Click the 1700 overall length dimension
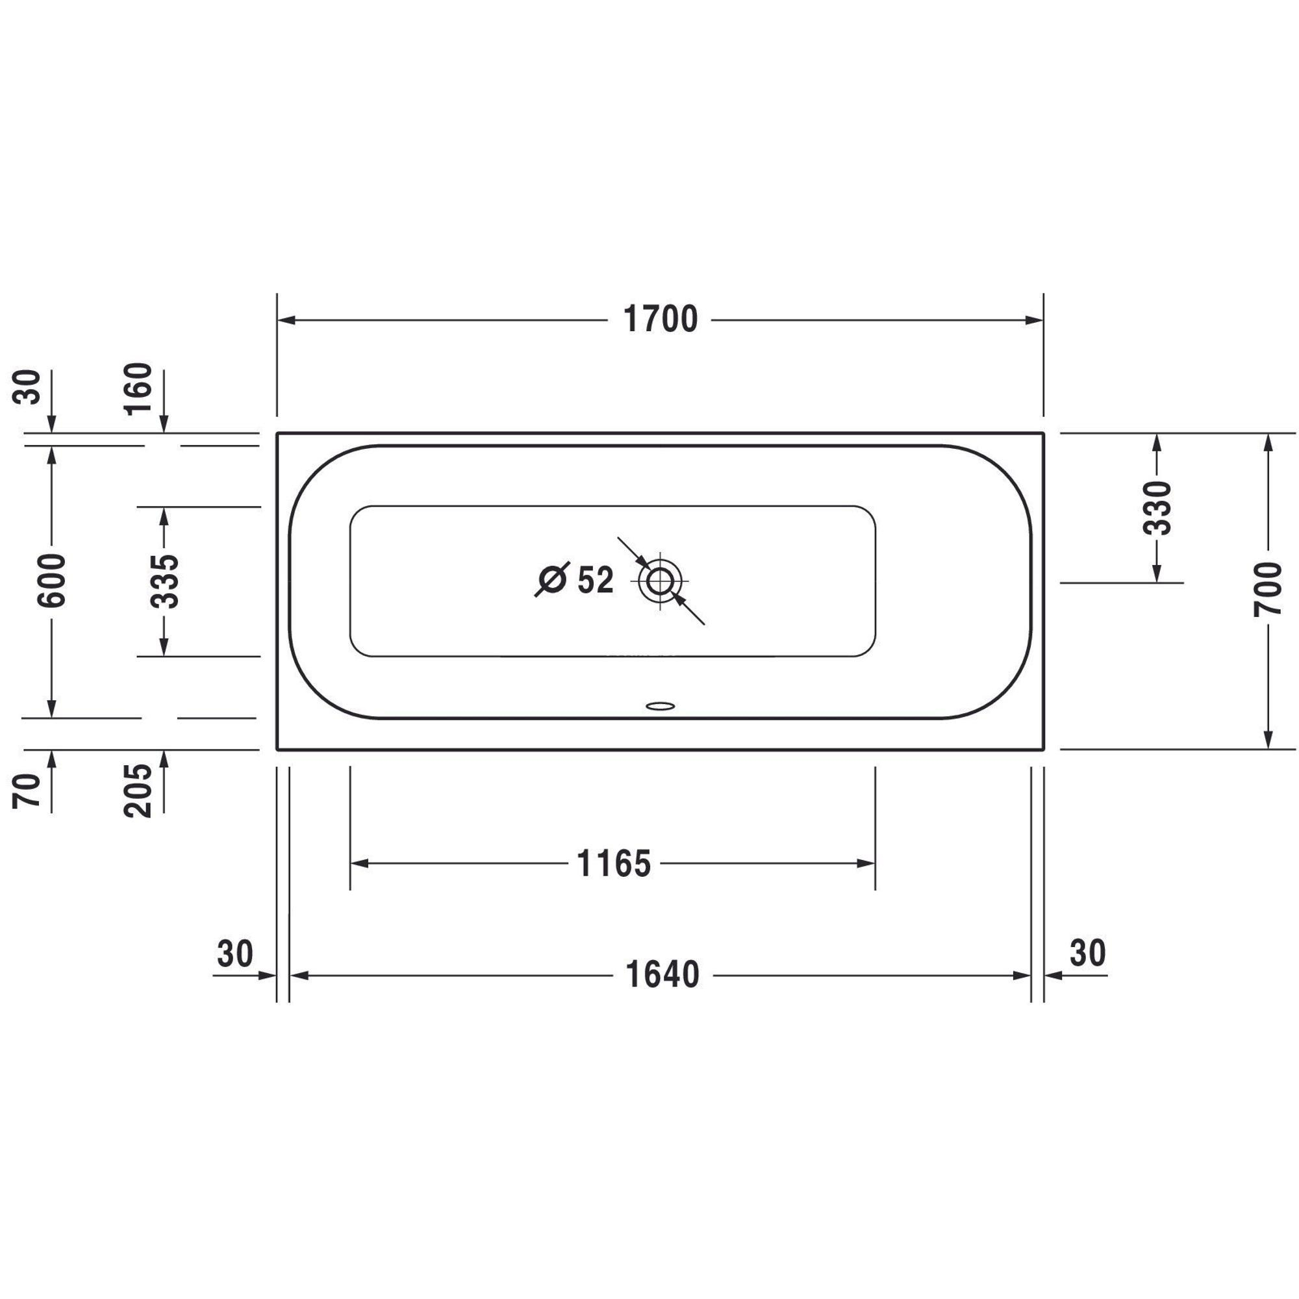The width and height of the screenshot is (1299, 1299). coord(661,320)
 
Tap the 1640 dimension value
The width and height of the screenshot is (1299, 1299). coord(662,974)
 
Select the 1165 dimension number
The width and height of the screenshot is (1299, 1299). coord(614,863)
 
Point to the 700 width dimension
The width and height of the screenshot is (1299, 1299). coord(1268,589)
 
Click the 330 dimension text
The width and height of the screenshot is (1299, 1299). coord(1157,508)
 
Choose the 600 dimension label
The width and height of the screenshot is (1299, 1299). coord(52,580)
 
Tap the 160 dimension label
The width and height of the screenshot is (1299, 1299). coord(139,389)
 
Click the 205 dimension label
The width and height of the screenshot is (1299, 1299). coord(139,790)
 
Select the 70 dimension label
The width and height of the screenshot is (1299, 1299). coord(27,790)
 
